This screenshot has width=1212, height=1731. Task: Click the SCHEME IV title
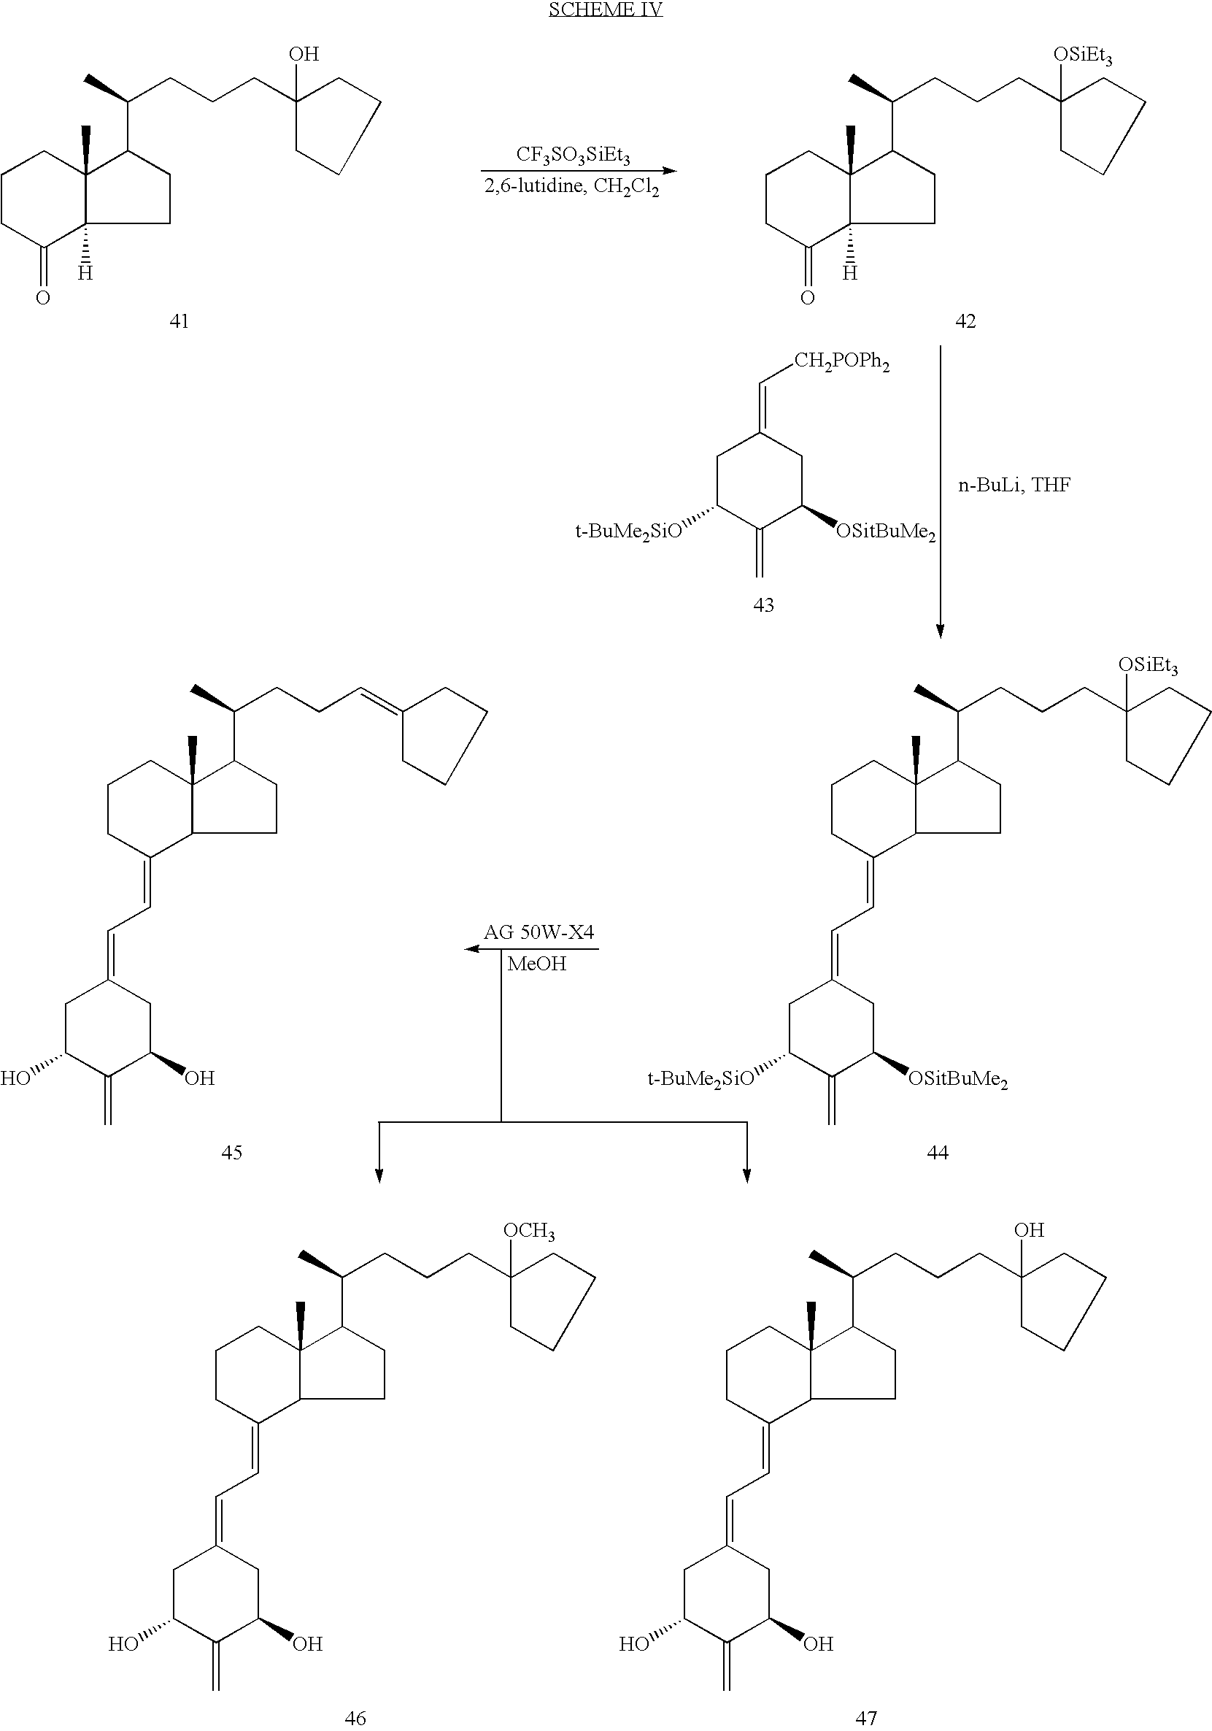605,9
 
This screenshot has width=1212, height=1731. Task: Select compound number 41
179,321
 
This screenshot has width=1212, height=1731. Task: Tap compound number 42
965,321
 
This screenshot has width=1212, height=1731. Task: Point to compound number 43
763,604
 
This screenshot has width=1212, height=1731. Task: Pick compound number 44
938,1152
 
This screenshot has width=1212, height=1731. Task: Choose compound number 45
231,1152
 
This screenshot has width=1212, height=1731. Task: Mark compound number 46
355,1718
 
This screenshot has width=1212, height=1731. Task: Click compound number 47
866,1718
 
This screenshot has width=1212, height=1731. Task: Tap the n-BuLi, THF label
1014,485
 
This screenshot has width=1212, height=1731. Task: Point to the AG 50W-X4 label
539,932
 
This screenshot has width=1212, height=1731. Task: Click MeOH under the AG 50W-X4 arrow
536,964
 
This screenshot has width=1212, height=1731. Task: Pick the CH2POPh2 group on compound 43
841,364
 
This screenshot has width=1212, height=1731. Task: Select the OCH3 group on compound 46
529,1231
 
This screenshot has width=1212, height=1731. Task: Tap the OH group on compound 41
304,53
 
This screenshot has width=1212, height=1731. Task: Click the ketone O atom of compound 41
43,298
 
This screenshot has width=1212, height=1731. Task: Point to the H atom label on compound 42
850,273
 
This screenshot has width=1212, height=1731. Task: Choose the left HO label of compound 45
15,1078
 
